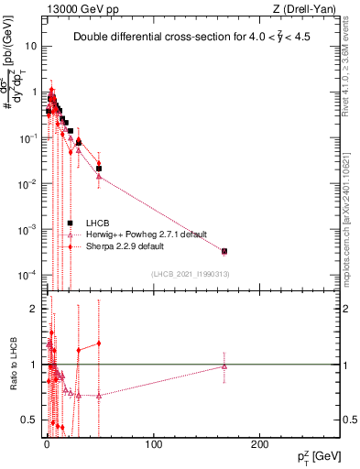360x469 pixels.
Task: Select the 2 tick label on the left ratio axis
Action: (33, 309)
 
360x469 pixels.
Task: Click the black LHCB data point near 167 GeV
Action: (224, 251)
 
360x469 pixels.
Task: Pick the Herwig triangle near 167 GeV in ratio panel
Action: (224, 366)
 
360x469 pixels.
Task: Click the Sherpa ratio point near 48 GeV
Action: (98, 344)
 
